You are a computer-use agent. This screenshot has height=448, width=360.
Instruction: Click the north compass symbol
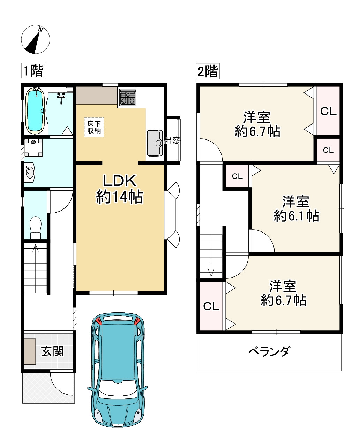36,39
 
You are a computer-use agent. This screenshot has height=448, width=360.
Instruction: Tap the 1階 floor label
33,70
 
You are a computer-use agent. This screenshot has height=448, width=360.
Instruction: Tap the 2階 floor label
208,71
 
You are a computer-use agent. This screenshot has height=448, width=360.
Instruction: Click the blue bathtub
36,111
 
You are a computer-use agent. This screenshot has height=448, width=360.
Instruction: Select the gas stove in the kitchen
128,97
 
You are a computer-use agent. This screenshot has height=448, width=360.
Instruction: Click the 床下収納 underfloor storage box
94,127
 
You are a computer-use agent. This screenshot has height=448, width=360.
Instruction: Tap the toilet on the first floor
36,228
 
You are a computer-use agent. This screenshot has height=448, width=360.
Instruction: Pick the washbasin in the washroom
30,172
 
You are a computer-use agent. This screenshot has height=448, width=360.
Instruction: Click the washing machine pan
33,148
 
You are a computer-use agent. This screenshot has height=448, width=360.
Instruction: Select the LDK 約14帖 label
120,189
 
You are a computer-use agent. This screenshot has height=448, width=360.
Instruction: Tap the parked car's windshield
118,387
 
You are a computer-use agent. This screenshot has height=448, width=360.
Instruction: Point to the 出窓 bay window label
172,140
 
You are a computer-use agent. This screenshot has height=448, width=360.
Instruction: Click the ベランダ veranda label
269,351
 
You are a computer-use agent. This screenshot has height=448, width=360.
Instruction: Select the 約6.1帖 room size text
296,216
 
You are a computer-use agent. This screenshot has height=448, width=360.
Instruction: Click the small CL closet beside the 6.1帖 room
237,176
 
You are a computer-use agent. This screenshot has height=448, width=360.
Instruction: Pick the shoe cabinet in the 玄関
30,351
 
